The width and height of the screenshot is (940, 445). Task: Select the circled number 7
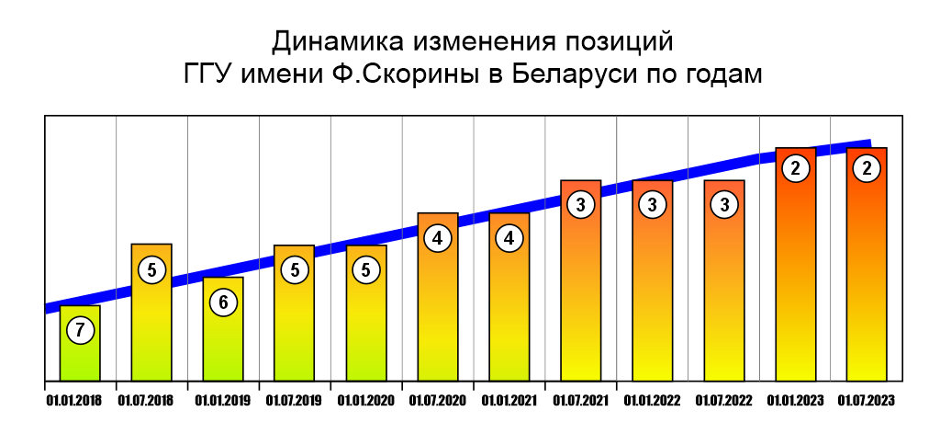click(80, 330)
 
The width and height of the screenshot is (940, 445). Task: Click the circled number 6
click(223, 302)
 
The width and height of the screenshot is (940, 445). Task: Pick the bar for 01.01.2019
click(223, 345)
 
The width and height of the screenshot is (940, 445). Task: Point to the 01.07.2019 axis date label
click(294, 400)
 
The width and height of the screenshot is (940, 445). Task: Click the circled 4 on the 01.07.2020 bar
click(438, 238)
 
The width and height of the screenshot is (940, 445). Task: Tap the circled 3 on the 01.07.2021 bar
click(581, 205)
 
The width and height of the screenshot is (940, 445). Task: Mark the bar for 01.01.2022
click(653, 294)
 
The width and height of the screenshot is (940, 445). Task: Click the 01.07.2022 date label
click(723, 400)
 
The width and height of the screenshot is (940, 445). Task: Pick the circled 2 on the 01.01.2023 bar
click(796, 168)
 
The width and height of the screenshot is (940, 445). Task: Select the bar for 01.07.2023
click(867, 276)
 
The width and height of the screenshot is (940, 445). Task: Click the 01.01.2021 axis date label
click(509, 400)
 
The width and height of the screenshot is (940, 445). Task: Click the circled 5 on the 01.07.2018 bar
click(151, 269)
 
